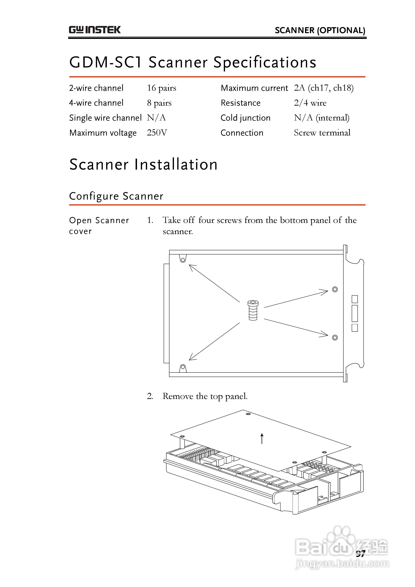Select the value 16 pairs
161,88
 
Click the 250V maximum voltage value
157,133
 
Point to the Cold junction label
245,118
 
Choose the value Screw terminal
322,133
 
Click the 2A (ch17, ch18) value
323,88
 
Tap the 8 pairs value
159,103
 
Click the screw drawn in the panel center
253,310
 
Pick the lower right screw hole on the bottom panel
335,337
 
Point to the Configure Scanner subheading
116,196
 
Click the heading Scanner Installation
143,164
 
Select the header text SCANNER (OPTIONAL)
320,31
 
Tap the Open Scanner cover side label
99,226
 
